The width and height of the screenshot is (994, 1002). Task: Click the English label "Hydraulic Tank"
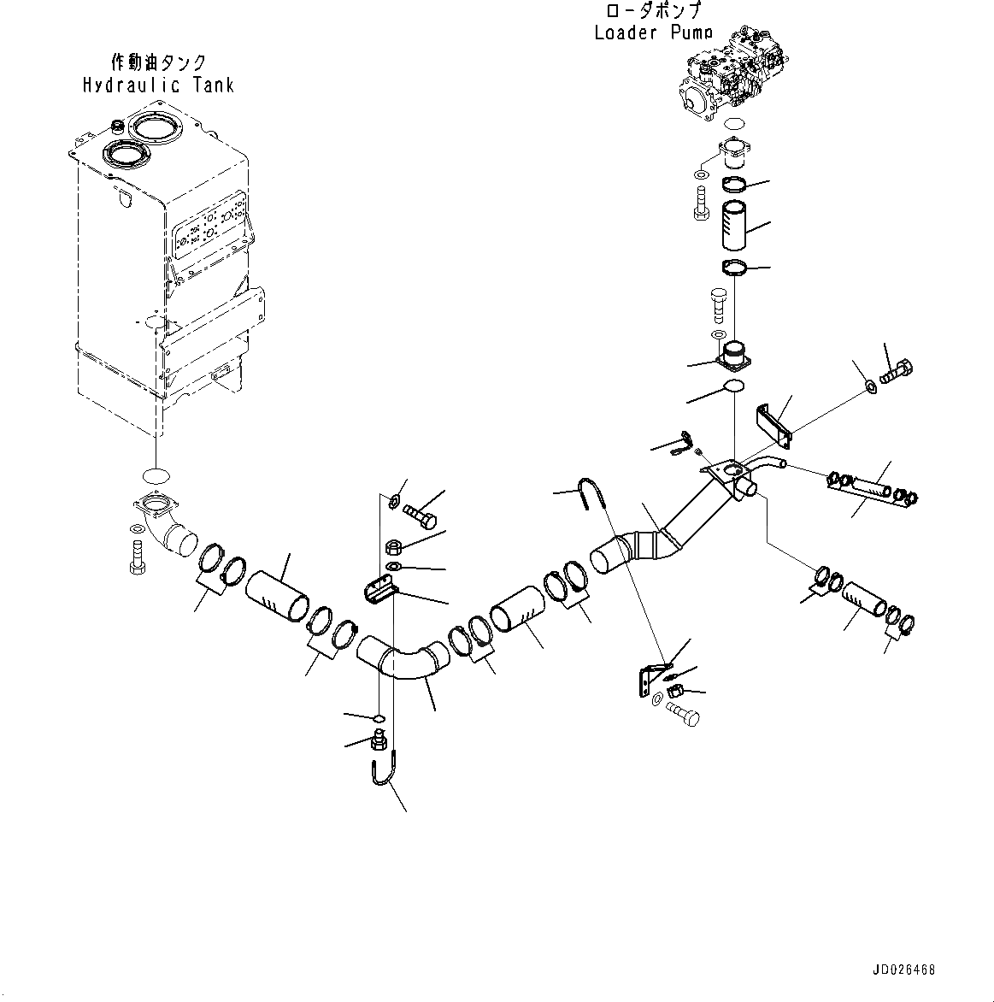pyautogui.click(x=158, y=85)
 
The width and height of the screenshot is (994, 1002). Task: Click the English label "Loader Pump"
pyautogui.click(x=653, y=32)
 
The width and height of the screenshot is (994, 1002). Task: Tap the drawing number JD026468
pyautogui.click(x=903, y=970)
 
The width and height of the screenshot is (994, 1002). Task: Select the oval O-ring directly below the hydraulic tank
pyautogui.click(x=156, y=474)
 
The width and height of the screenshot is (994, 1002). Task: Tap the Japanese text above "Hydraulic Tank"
pyautogui.click(x=159, y=62)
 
